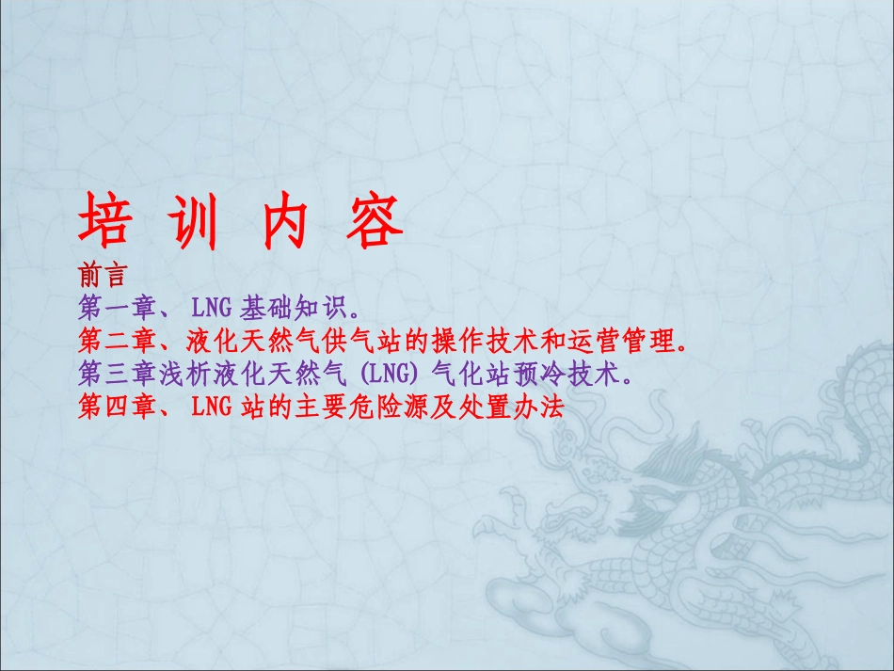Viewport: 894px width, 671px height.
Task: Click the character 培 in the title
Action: pyautogui.click(x=104, y=222)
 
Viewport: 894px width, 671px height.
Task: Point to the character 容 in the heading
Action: pyautogui.click(x=372, y=222)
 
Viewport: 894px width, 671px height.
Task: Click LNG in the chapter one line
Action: pyautogui.click(x=213, y=307)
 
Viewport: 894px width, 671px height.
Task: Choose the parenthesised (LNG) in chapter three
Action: pyautogui.click(x=387, y=374)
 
